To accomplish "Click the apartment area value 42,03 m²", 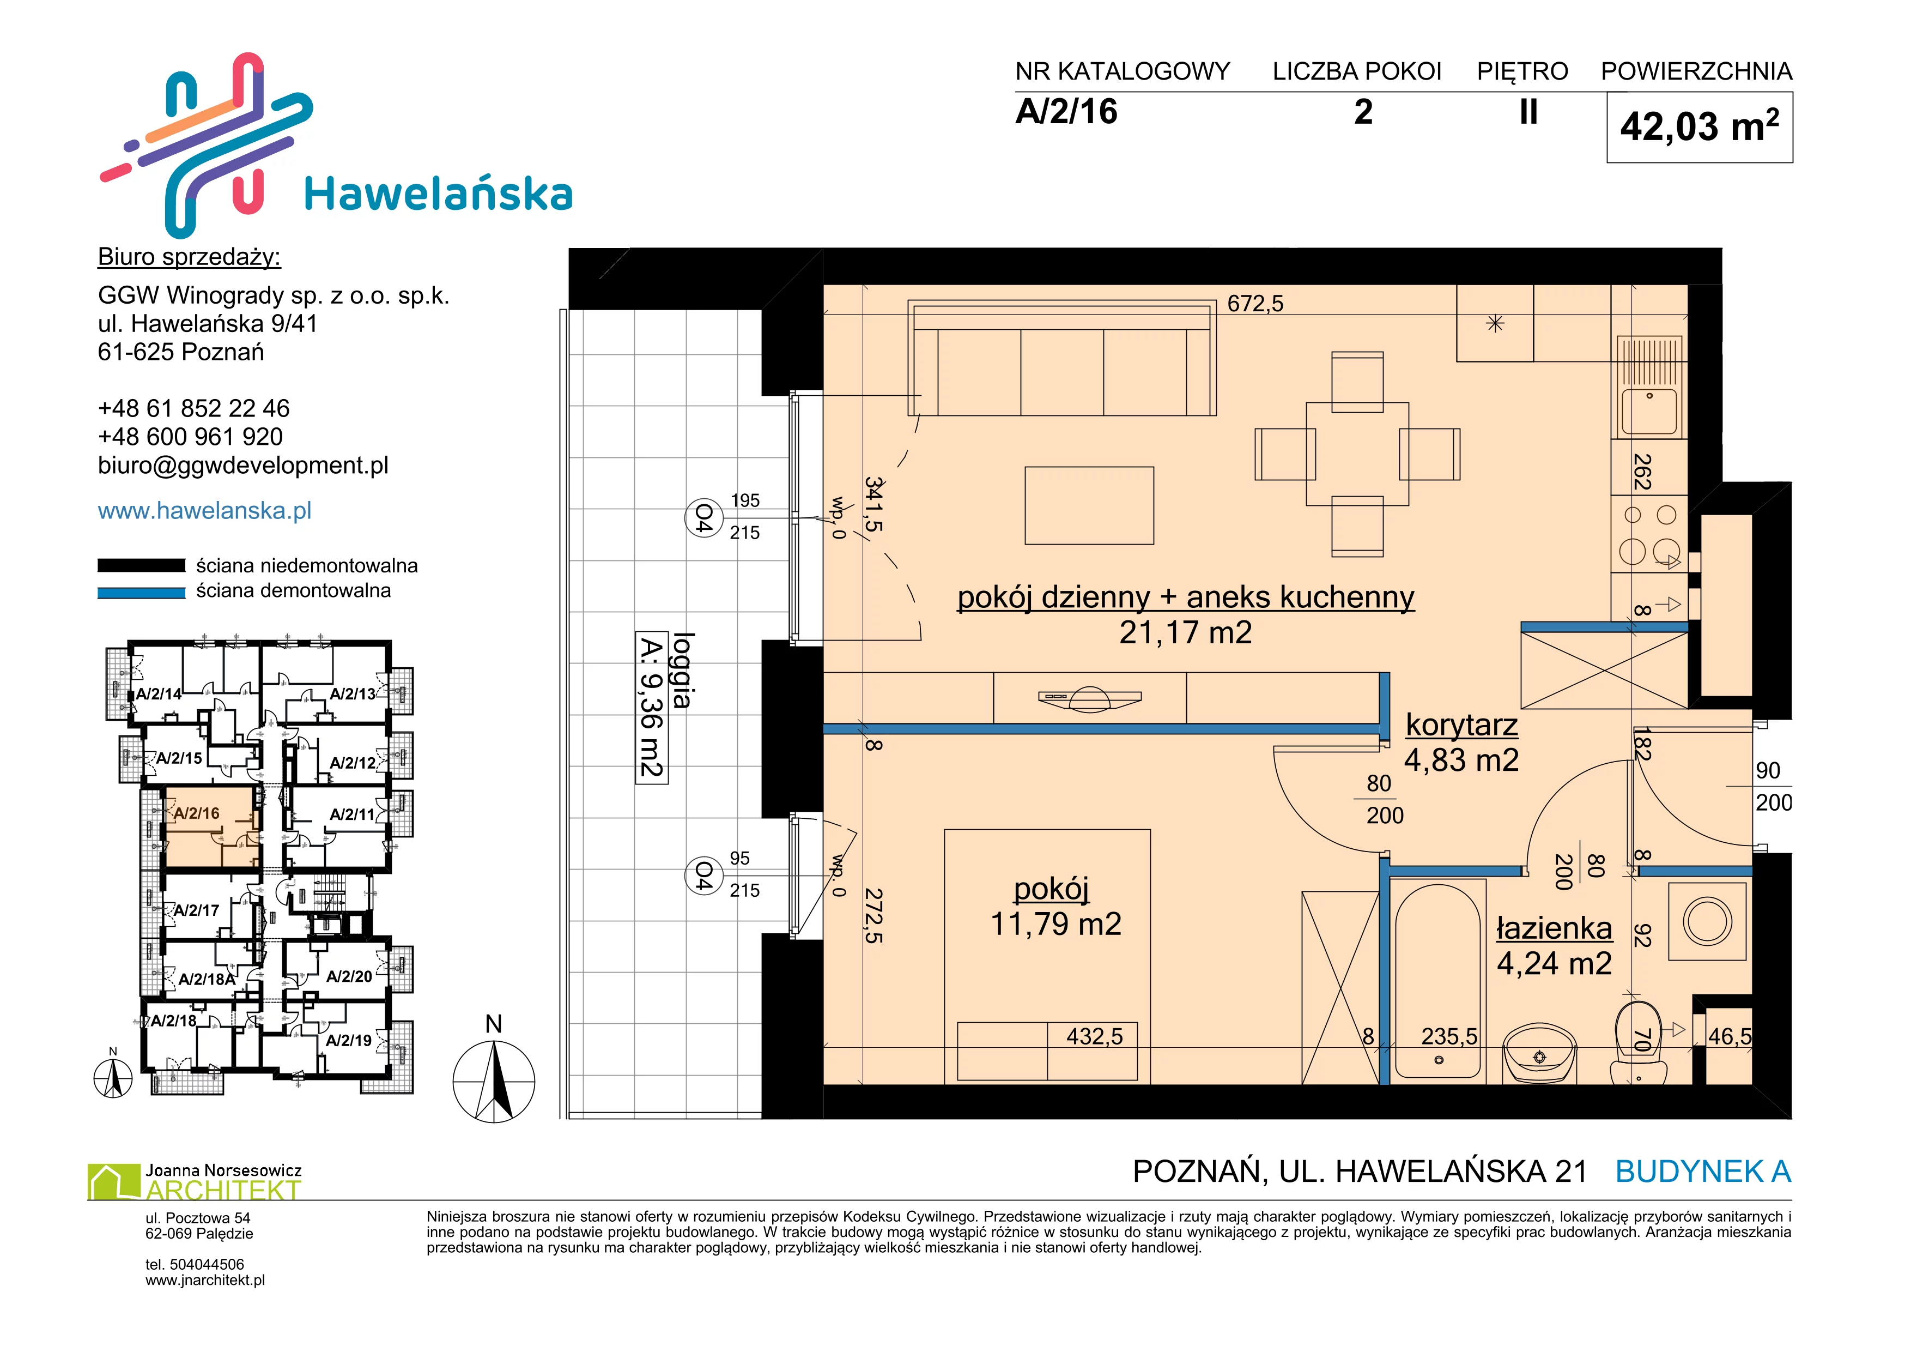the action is [1699, 126].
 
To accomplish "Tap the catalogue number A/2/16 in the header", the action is [1066, 112].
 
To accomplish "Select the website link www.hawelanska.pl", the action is [205, 510].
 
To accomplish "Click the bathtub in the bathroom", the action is [1438, 981].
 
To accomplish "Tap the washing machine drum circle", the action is [1708, 921].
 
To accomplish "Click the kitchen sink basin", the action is [1649, 411].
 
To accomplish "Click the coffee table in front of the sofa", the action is [1089, 505].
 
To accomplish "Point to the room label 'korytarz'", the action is [1461, 725].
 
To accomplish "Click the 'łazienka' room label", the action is [1554, 928].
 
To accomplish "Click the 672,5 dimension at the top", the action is [1255, 304].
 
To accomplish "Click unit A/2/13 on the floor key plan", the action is [353, 693].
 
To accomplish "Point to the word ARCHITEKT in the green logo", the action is [223, 1191].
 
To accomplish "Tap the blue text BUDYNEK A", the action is [1703, 1172].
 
